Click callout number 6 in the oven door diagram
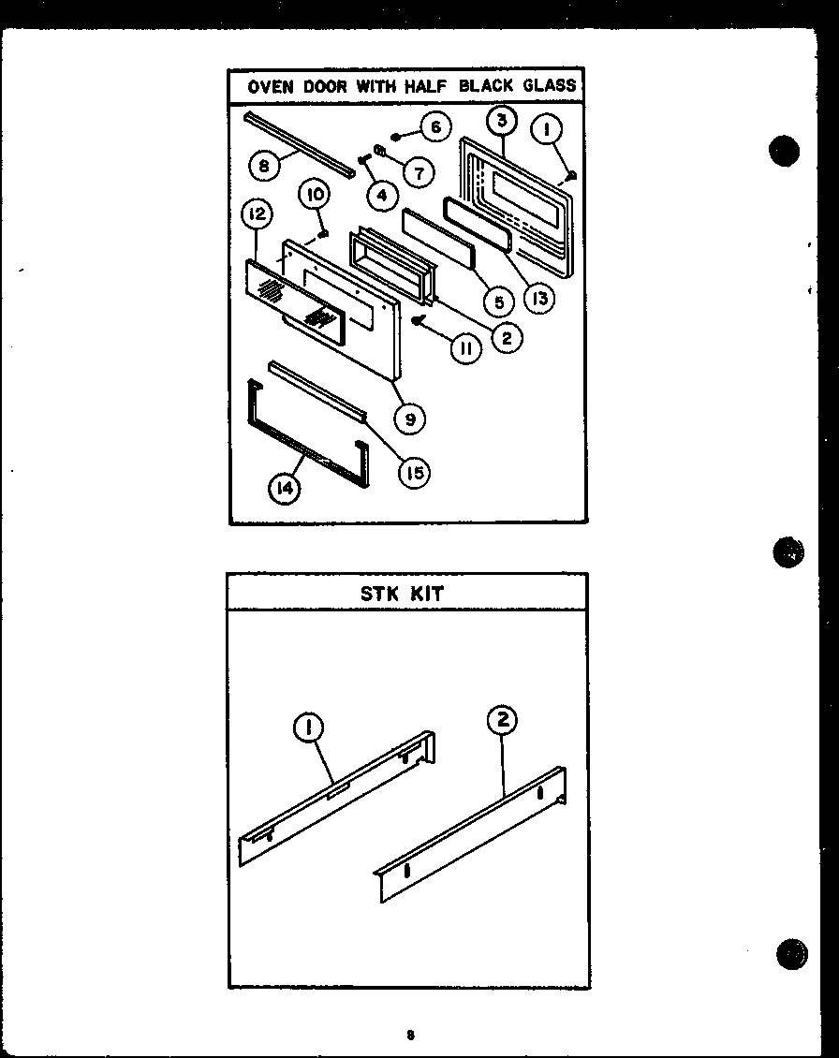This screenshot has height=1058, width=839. [x=434, y=126]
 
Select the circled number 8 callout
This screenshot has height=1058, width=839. [x=264, y=166]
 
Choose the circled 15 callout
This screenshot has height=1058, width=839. [x=413, y=473]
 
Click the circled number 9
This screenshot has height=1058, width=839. [x=410, y=419]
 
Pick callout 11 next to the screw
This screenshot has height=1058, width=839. [x=464, y=348]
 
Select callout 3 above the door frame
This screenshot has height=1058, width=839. [x=502, y=120]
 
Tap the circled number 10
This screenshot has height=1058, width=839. [x=315, y=195]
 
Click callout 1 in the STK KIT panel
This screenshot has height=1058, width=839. [x=308, y=727]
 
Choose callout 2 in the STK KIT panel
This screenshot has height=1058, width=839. [x=502, y=719]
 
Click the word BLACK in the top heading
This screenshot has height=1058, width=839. [x=485, y=86]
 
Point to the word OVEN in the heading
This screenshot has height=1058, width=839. [x=270, y=86]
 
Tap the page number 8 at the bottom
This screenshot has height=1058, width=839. [x=410, y=1035]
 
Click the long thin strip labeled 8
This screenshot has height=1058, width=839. [x=300, y=145]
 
